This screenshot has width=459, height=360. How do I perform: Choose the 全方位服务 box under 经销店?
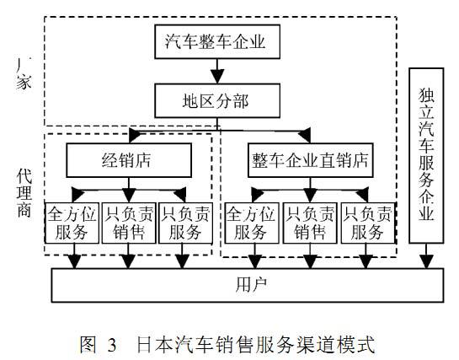click(72, 222)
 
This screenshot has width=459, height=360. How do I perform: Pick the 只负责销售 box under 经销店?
click(127, 222)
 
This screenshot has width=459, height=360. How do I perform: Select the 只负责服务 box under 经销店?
click(183, 222)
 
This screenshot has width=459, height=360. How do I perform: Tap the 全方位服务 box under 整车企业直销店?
click(250, 222)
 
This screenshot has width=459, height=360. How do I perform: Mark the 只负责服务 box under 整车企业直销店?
click(367, 222)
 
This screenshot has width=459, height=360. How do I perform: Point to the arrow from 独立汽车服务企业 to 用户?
click(428, 258)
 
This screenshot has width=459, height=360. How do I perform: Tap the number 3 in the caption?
click(110, 344)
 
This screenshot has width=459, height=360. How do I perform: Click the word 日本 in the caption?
click(153, 344)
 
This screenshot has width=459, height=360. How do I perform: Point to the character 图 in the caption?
click(88, 344)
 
